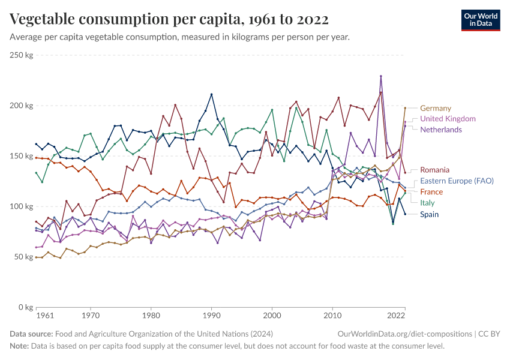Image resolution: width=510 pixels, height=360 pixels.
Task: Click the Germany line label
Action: coord(435,108)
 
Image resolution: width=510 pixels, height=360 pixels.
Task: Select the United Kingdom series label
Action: coord(448,119)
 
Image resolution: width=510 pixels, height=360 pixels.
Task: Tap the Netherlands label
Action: coord(440,130)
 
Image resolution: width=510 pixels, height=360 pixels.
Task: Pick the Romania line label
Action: coord(434,170)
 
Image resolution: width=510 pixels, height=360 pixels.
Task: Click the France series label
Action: coord(431,192)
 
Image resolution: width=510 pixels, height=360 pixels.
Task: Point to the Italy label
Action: coord(427,203)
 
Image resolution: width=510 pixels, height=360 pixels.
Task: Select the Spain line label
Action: coord(429,214)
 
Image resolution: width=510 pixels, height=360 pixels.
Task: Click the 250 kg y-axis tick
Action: coord(21,55)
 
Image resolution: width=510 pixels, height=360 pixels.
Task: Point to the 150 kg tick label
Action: coord(21,156)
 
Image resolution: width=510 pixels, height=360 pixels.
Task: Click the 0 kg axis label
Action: coord(25,307)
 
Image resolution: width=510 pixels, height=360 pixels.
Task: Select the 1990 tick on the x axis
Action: coord(211,315)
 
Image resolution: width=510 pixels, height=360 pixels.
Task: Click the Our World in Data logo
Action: coord(481,20)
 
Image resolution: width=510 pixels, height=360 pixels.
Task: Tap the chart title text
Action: coord(169,19)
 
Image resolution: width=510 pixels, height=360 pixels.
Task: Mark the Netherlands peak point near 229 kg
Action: coord(381,76)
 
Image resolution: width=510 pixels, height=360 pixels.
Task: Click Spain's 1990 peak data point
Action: coord(211,94)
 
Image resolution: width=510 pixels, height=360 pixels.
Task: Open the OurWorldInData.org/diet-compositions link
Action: coord(405,334)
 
